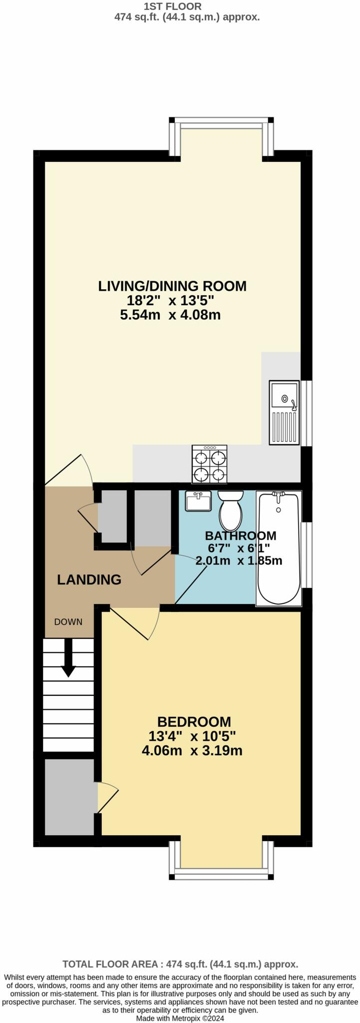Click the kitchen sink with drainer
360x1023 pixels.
(x=284, y=413)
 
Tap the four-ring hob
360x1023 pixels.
(x=209, y=464)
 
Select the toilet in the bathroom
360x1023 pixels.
(x=230, y=511)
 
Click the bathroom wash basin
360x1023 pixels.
(x=198, y=501)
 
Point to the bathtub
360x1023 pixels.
(x=279, y=548)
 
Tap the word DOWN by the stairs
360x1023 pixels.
(x=68, y=622)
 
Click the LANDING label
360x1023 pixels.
(x=89, y=579)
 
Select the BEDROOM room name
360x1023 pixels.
(x=194, y=721)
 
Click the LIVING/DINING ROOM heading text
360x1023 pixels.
(x=172, y=286)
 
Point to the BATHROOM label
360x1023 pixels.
(x=241, y=535)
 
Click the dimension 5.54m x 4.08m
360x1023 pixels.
(x=170, y=315)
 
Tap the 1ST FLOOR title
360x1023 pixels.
(x=173, y=6)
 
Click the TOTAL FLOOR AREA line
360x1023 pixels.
(x=180, y=964)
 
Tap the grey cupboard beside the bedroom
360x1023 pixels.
(x=70, y=797)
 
